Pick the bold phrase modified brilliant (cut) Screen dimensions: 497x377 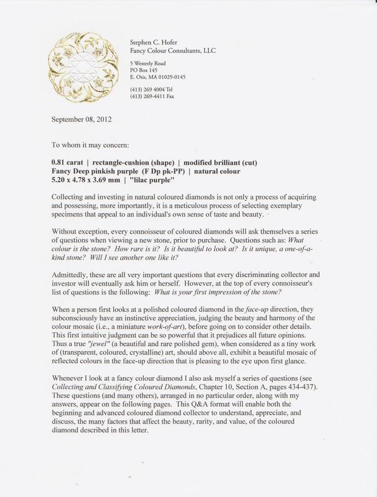[213, 162]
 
